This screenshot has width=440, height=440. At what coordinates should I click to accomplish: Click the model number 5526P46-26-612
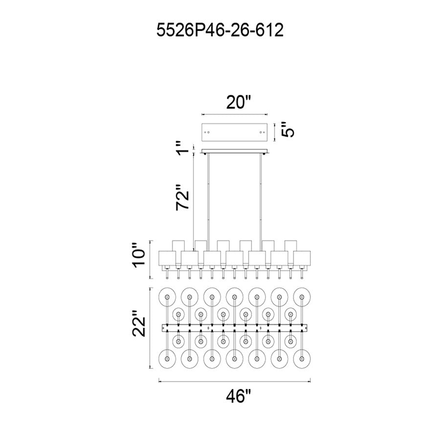tap(220, 30)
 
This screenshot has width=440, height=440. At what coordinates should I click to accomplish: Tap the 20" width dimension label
tap(239, 102)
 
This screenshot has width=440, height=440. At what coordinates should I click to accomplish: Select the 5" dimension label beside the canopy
tap(287, 129)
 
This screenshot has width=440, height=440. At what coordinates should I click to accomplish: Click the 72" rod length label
tap(183, 197)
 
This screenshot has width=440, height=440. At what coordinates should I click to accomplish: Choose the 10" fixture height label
tap(139, 255)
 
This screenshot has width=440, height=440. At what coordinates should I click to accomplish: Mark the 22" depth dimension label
tap(139, 323)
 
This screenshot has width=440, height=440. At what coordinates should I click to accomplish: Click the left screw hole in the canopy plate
tap(208, 132)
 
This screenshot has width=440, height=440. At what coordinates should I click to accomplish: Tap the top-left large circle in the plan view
tap(167, 297)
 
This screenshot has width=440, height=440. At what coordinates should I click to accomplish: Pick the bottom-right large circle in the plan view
tap(302, 359)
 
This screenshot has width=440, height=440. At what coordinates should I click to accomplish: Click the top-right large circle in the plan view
tap(302, 297)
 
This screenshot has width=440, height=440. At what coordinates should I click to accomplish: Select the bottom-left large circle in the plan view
tap(167, 359)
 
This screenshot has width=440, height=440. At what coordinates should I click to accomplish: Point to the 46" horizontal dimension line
tap(235, 381)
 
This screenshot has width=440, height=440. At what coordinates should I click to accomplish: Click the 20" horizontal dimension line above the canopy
tap(235, 114)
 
